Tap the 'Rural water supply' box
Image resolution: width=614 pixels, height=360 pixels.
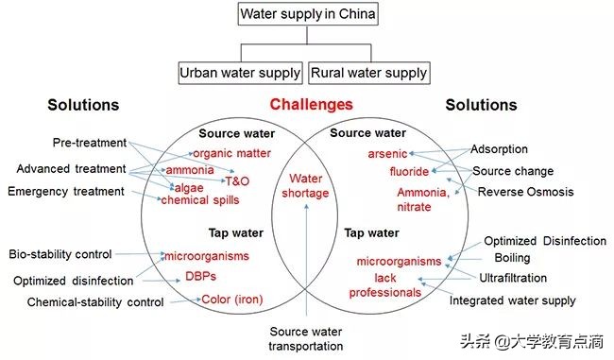(367, 72)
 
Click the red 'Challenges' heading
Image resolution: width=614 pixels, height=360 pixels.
(311, 104)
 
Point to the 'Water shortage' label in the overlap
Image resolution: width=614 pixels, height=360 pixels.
(305, 186)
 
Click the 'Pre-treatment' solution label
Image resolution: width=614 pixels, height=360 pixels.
(90, 143)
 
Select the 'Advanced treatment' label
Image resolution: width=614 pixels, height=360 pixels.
(71, 168)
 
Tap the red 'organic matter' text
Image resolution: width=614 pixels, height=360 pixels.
(231, 153)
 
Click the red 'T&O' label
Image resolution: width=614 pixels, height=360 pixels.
(236, 180)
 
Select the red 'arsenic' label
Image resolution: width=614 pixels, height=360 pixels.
(387, 153)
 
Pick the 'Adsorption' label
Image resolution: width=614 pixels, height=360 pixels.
(499, 149)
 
